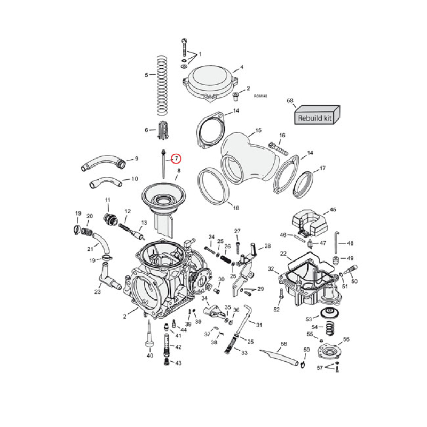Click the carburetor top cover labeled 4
210,83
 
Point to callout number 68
290,100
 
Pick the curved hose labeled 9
105,162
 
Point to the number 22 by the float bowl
283,254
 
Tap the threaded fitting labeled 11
111,219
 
